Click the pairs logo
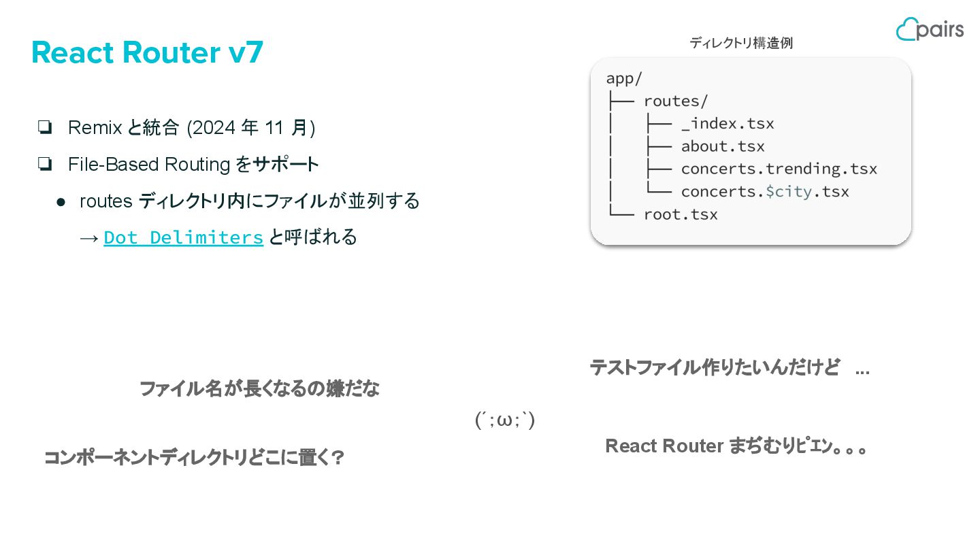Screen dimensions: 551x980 click(930, 29)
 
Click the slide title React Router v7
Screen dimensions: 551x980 click(147, 52)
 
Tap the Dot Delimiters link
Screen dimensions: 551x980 click(183, 237)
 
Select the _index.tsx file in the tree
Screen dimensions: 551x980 click(727, 124)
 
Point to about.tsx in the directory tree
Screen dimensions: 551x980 click(722, 146)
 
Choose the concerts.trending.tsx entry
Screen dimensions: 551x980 click(779, 169)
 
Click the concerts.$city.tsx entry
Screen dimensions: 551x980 click(764, 192)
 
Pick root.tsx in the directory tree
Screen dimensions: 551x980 click(680, 215)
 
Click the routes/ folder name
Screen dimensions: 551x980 click(675, 101)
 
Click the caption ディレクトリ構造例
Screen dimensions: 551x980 click(741, 43)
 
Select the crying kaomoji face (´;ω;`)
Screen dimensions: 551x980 click(504, 420)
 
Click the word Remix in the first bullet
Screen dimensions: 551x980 click(95, 127)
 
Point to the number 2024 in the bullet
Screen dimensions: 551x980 click(214, 127)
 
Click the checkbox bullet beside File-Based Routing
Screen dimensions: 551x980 click(46, 164)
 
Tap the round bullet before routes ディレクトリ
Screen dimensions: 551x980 click(61, 201)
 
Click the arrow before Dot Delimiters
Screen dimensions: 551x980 click(89, 237)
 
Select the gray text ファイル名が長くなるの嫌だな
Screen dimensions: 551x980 click(259, 389)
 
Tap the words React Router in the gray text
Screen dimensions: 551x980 click(664, 446)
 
